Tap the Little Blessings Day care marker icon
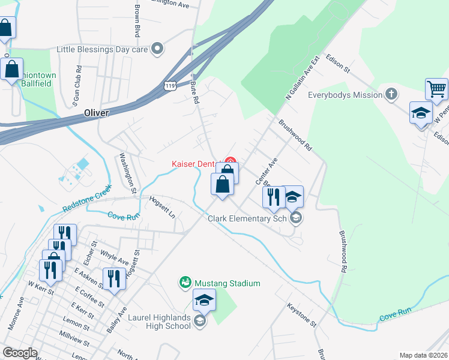tap(158, 49)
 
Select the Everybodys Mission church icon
tap(391, 94)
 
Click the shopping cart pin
tap(436, 89)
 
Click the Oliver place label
tap(97, 112)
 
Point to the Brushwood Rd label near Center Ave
tap(295, 134)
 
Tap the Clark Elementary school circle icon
tap(295, 218)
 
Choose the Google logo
tap(20, 353)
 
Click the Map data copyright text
tap(423, 355)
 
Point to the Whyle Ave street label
tap(114, 258)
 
